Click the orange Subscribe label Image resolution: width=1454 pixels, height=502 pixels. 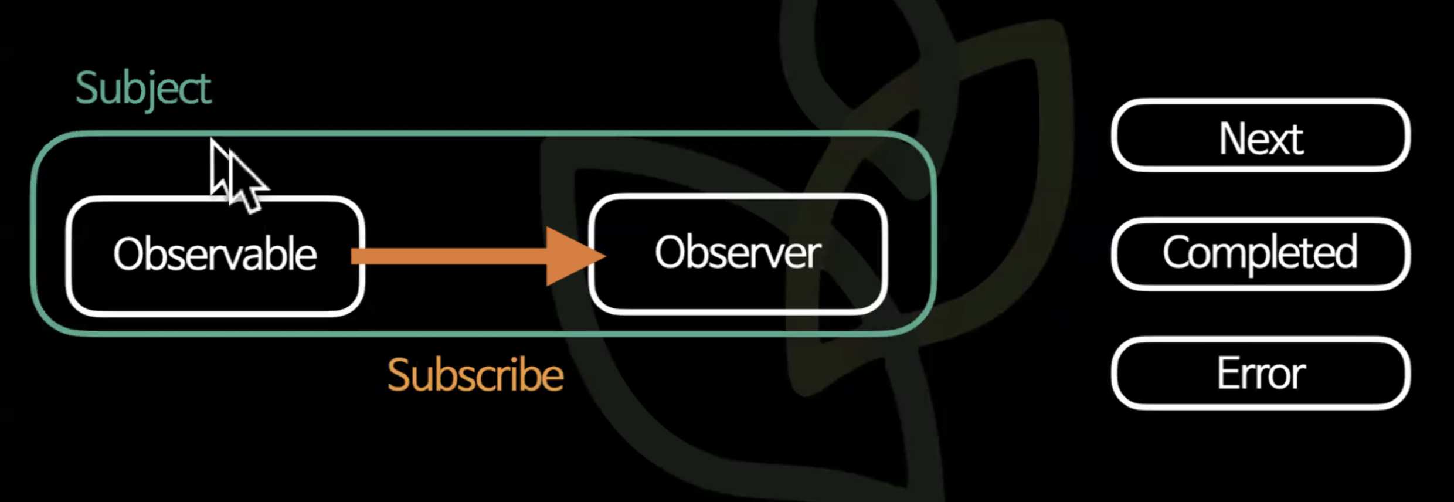(475, 375)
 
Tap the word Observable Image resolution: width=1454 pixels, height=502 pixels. (215, 255)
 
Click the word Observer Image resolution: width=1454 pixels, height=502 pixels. (738, 253)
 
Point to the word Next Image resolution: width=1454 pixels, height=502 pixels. (1261, 140)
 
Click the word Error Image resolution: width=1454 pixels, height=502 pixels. (1261, 374)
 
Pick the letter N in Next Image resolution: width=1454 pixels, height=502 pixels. (1233, 140)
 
